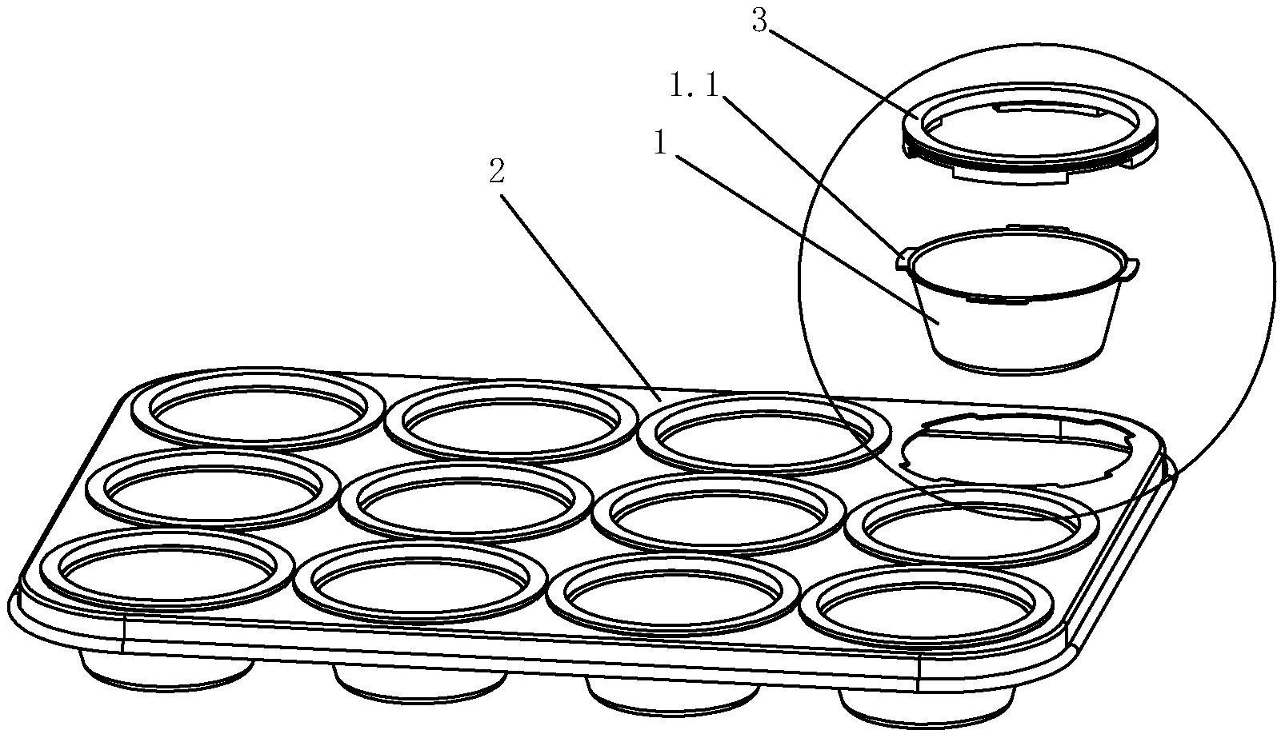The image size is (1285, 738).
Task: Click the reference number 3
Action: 759,22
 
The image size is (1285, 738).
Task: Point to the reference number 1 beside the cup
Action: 661,144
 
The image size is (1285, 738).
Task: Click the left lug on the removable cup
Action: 905,258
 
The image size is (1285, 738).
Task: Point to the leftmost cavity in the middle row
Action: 213,487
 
